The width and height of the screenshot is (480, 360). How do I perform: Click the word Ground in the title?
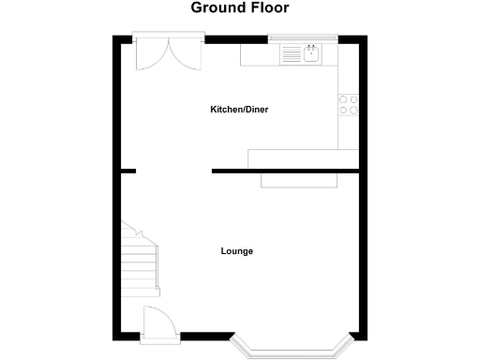(x=216, y=8)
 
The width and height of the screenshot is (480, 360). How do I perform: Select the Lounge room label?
(x=237, y=251)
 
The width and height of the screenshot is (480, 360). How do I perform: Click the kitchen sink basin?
(x=310, y=54)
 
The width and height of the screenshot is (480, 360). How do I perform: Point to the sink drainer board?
(x=292, y=55)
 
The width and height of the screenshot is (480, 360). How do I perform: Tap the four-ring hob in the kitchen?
(x=348, y=104)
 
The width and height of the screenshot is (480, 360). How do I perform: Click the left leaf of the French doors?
(x=149, y=55)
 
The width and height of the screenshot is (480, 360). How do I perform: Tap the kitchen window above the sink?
(x=302, y=38)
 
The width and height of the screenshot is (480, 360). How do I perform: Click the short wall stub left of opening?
(x=127, y=171)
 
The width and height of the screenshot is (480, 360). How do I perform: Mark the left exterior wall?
(x=116, y=187)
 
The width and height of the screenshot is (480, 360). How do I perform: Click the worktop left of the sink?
(x=260, y=55)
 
